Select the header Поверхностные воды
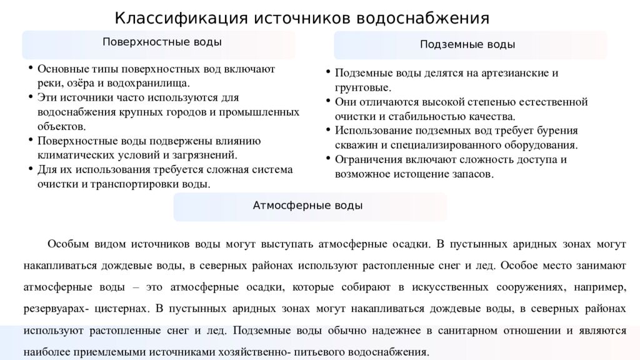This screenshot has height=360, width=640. pos(162,42)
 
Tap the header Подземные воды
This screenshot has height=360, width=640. pos(467,45)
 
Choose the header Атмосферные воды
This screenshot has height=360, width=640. pos(307,205)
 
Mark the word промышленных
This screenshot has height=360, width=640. pos(264,112)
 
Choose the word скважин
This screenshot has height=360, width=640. pos(354,145)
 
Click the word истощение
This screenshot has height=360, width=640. pos(416,174)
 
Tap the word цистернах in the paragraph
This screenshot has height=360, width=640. pos(124,308)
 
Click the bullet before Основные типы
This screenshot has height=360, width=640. pos(30,68)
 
